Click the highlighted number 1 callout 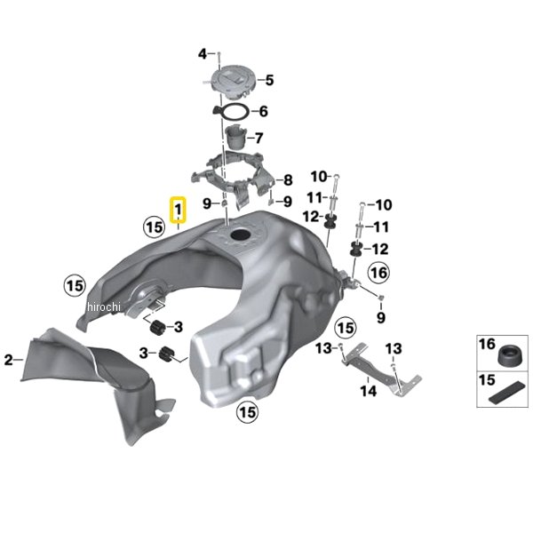tap(179, 210)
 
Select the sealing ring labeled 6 tap(231, 112)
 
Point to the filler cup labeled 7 tap(236, 137)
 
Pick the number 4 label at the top tap(203, 54)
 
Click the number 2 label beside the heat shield tap(9, 360)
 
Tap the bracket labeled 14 tap(381, 369)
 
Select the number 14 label tap(369, 391)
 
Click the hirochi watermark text tap(104, 307)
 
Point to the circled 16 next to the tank tap(379, 273)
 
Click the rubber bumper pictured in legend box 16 tap(509, 356)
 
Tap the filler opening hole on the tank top tap(241, 235)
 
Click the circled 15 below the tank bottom tap(248, 413)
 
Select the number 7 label tap(259, 138)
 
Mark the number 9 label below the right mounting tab tap(381, 318)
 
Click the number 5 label tap(269, 80)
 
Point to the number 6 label tap(264, 112)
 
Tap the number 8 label tap(288, 180)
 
